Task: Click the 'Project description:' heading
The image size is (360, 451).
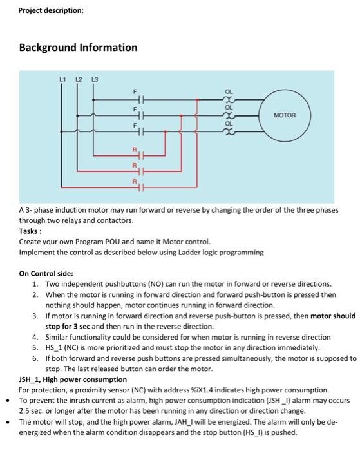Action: tap(51, 10)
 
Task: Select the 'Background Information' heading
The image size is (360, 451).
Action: tap(78, 48)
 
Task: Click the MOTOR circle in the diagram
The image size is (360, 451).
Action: tap(284, 116)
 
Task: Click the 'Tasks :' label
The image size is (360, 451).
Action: tap(32, 231)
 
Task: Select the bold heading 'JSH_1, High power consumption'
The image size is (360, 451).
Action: tap(73, 379)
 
